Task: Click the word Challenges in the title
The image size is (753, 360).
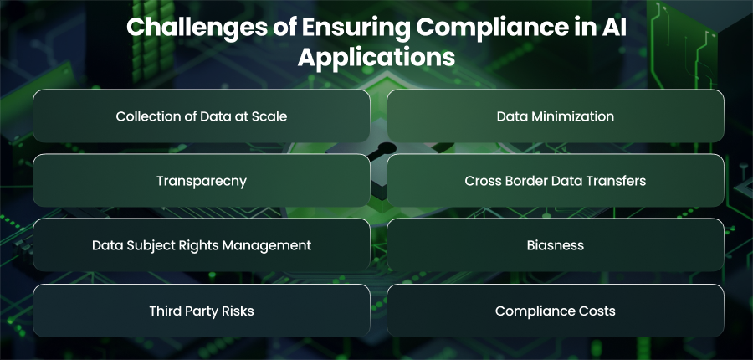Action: (197, 28)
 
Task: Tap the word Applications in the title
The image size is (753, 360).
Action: (376, 57)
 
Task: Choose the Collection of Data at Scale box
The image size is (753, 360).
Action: (201, 116)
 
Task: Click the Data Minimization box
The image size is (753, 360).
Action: (556, 116)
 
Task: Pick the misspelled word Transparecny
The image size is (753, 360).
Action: (201, 181)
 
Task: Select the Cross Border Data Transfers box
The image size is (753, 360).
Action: (556, 180)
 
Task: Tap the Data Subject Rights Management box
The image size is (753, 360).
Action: (201, 245)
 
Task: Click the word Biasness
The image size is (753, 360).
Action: (556, 245)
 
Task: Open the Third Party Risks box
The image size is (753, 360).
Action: (201, 311)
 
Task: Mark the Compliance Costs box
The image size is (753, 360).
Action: (556, 311)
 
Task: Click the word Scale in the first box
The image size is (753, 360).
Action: (271, 116)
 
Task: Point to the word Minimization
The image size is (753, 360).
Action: (571, 116)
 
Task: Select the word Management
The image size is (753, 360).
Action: (273, 245)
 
